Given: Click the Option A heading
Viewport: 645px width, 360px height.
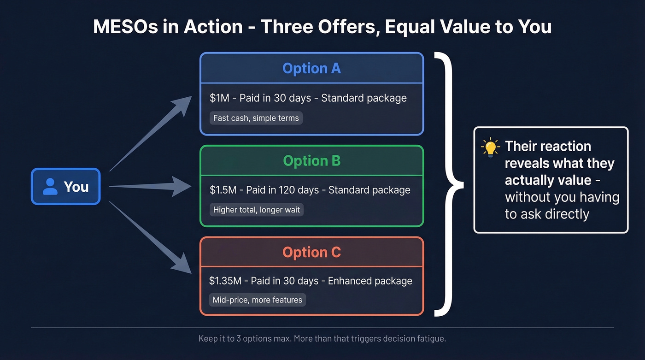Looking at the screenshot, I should (311, 69).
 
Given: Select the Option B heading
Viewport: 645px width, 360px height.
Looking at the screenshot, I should (311, 161).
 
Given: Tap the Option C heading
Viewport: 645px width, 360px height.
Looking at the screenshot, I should (311, 253).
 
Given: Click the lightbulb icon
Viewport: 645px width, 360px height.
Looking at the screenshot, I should (490, 148).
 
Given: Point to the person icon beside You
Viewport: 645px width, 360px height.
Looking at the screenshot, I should (50, 187).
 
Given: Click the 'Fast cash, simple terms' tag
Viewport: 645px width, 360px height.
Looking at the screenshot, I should (256, 118).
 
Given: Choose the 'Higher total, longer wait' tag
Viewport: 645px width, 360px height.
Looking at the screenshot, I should (256, 210).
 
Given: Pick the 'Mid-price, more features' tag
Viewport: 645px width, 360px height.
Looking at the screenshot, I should (257, 300).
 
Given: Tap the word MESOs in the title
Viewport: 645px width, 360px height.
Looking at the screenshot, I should (121, 27).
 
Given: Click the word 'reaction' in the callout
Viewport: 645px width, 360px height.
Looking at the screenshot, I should (565, 147).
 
